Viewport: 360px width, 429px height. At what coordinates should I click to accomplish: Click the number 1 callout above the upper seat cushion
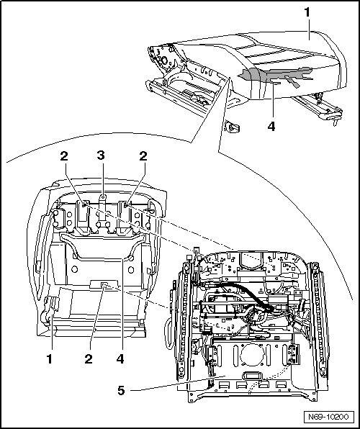[x=307, y=12]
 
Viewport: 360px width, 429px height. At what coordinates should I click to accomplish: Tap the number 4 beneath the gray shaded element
[x=271, y=127]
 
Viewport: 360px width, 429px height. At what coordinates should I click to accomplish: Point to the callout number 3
[x=101, y=155]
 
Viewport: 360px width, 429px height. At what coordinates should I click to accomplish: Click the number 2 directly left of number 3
[x=64, y=156]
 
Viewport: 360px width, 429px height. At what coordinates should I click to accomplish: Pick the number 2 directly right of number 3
[x=143, y=156]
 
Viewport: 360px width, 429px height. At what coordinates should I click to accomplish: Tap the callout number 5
[x=121, y=390]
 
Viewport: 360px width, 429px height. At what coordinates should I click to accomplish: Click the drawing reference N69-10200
[x=328, y=417]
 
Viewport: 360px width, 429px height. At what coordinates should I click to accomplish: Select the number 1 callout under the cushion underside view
[x=49, y=359]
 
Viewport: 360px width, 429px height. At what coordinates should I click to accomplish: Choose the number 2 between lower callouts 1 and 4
[x=89, y=359]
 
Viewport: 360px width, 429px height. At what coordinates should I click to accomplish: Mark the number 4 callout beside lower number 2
[x=120, y=359]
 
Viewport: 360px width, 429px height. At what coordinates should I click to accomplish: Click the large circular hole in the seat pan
[x=252, y=355]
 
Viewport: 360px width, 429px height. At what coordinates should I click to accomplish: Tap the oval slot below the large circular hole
[x=252, y=376]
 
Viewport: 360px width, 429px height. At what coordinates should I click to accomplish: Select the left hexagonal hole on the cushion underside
[x=74, y=269]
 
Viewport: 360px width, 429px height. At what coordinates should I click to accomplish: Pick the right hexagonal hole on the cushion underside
[x=131, y=270]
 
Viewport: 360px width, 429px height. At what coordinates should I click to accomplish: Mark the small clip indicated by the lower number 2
[x=104, y=285]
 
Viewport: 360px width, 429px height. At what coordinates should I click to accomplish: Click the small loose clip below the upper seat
[x=232, y=127]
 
